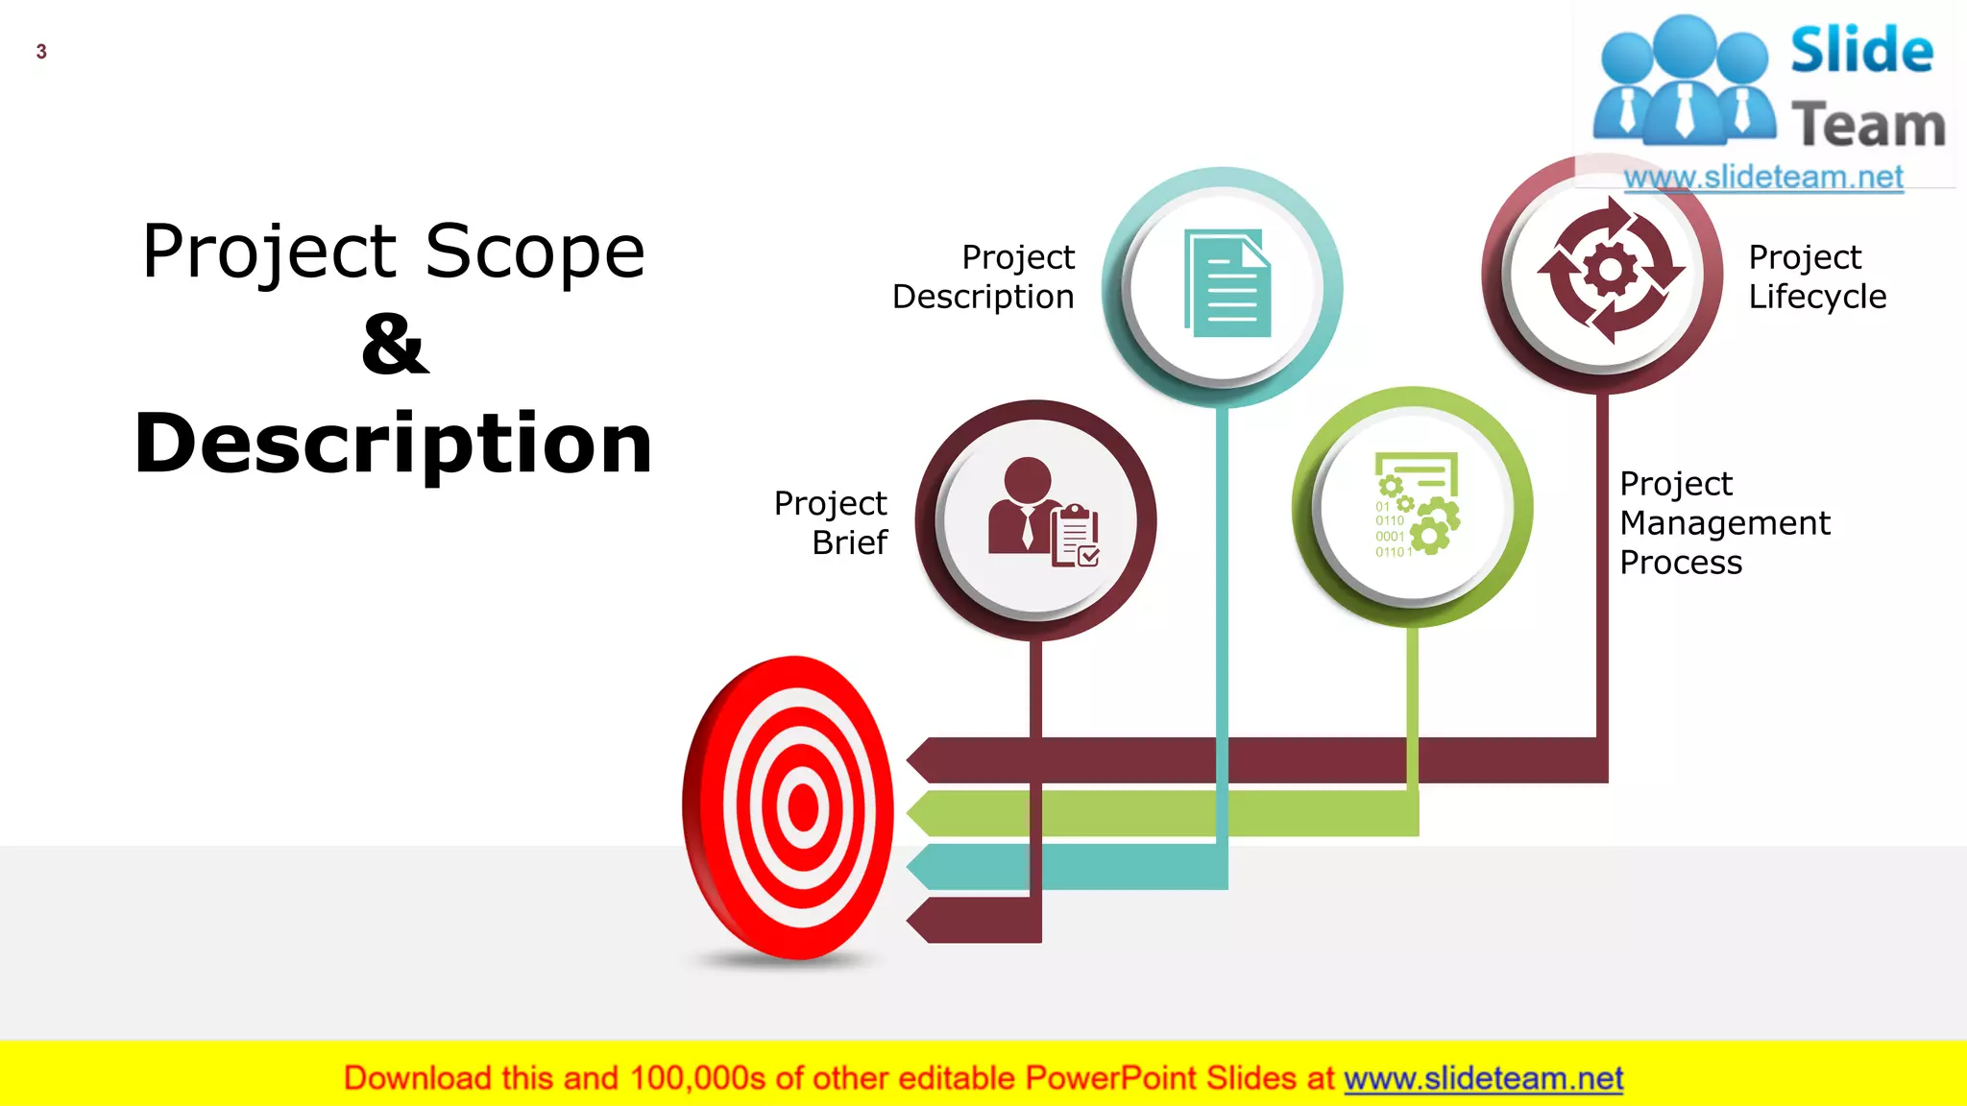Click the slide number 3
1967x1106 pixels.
[x=41, y=52]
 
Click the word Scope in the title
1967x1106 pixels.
[x=535, y=252]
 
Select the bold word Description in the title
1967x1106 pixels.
[x=394, y=444]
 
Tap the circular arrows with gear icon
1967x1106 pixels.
[x=1610, y=271]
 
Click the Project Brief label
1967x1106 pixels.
[x=832, y=522]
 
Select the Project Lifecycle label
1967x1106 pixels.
[x=1816, y=276]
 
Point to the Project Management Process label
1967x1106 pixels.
[x=1724, y=522]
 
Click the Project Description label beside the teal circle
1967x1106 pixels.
[x=983, y=276]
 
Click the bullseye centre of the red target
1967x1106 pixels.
[x=802, y=806]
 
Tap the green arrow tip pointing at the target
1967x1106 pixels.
[x=920, y=813]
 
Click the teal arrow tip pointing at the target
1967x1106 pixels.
[x=920, y=867]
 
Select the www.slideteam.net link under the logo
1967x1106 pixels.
[x=1763, y=178]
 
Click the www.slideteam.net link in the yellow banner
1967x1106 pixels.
[x=1483, y=1078]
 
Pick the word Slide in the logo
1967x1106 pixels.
[x=1861, y=50]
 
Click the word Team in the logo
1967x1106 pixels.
[x=1868, y=126]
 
